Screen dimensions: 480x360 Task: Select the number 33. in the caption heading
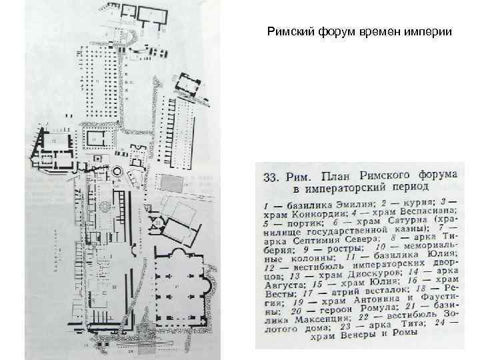pyautogui.click(x=274, y=177)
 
